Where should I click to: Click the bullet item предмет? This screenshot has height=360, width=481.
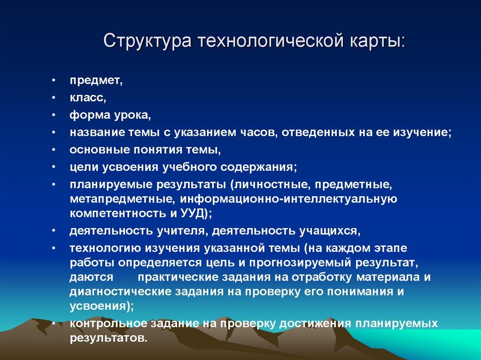point(96,81)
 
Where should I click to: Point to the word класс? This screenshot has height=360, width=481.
point(88,98)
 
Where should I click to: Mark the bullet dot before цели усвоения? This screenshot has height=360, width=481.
point(55,167)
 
